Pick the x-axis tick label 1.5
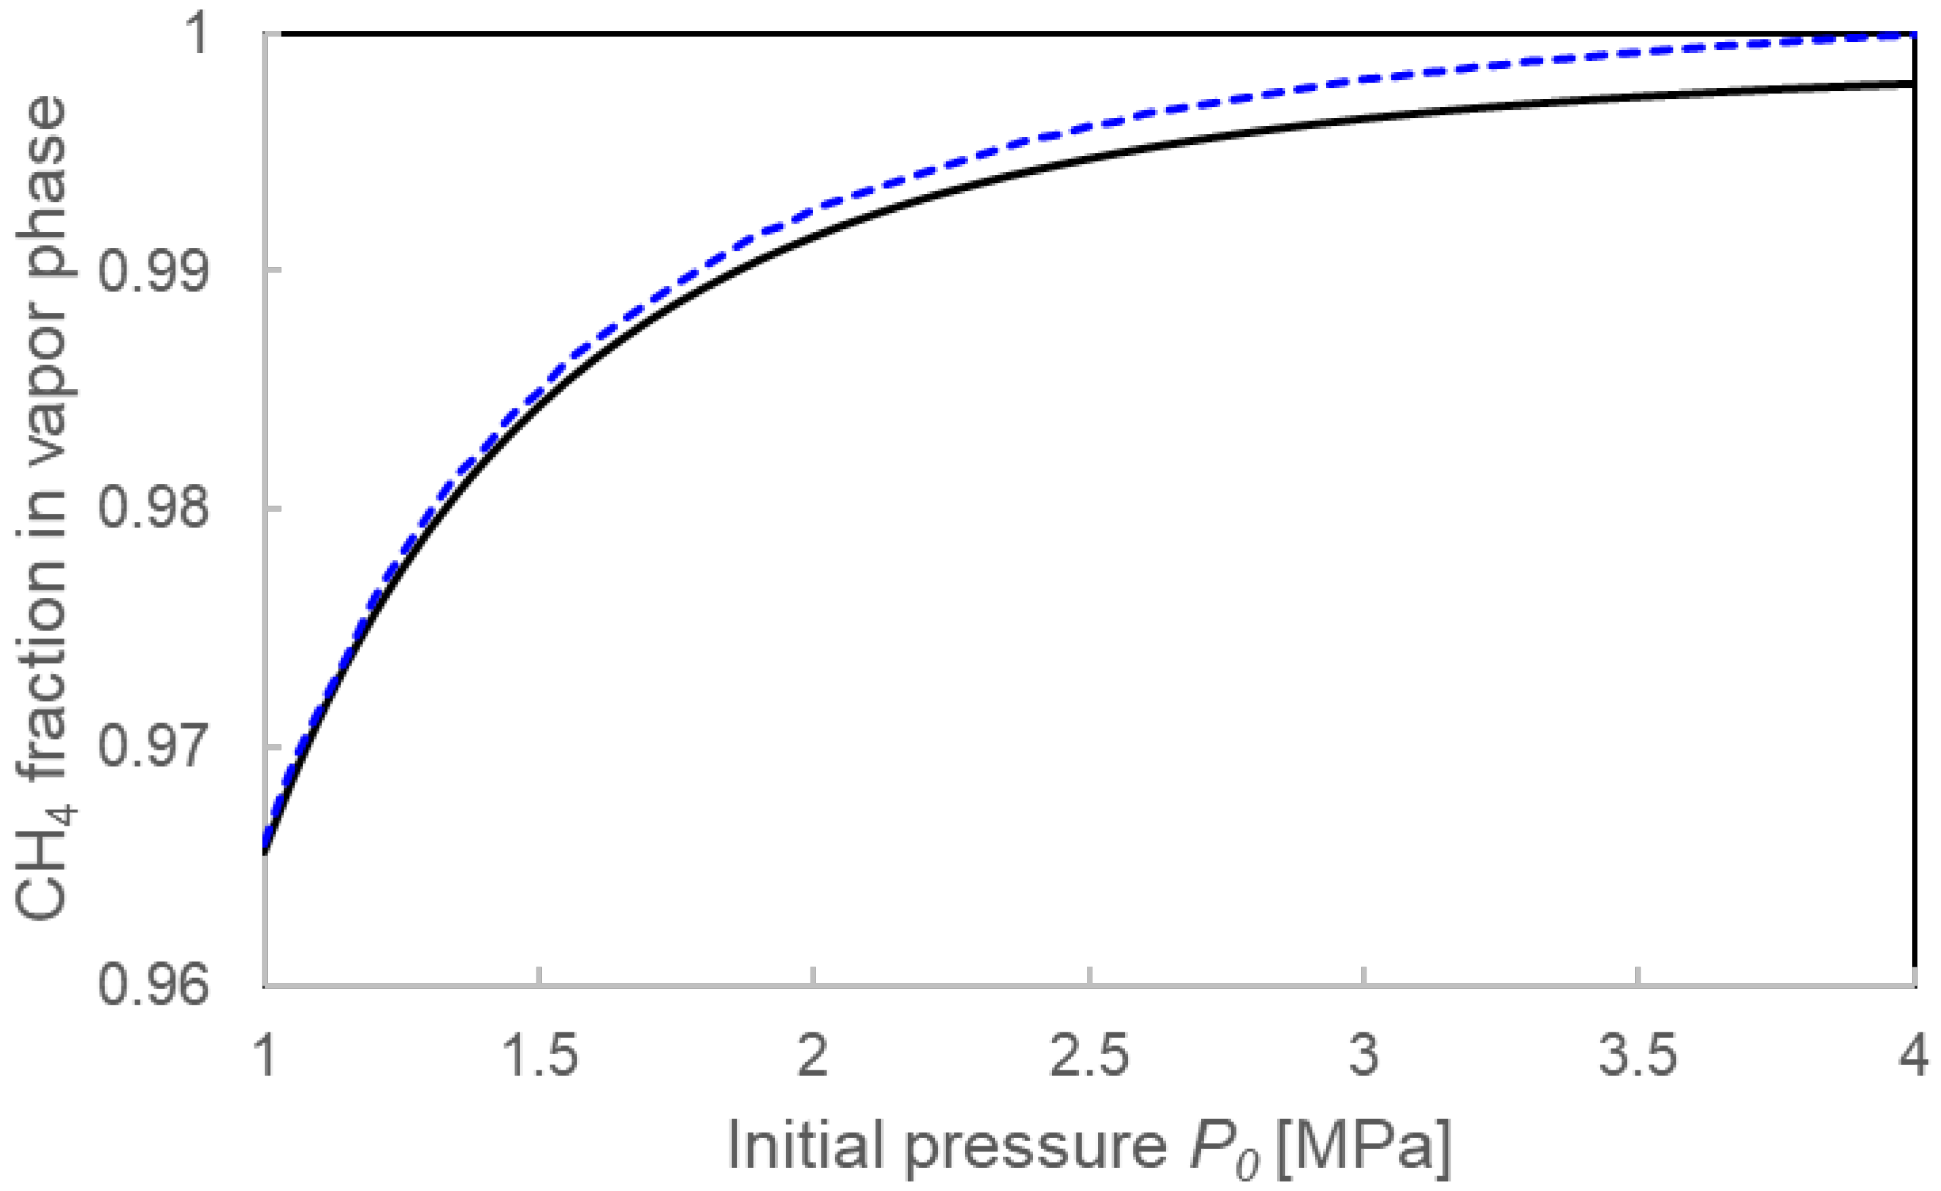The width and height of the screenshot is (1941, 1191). point(539,1055)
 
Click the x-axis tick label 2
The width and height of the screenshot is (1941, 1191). point(812,1055)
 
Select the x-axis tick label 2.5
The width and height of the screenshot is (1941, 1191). point(1089,1055)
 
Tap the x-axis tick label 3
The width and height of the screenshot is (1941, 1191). point(1363,1055)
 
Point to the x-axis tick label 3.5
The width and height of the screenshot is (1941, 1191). point(1638,1055)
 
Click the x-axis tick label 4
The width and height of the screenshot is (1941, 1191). point(1913,1055)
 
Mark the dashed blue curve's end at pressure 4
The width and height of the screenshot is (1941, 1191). point(1913,35)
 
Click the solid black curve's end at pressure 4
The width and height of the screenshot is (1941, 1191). point(1913,83)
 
